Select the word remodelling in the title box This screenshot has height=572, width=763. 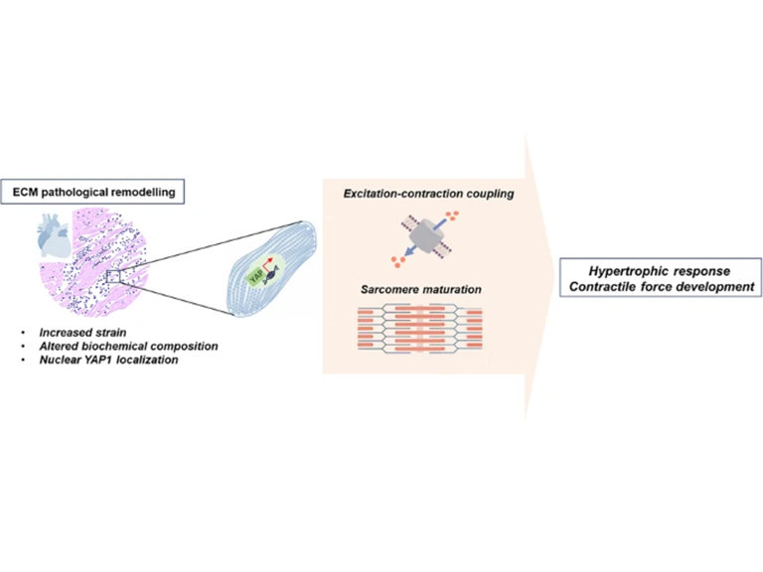(152, 192)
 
